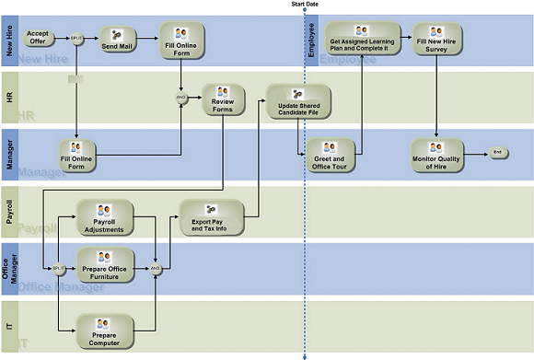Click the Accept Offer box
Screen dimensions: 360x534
[37, 39]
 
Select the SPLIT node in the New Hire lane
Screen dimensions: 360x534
[76, 39]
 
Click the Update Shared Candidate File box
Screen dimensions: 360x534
[297, 100]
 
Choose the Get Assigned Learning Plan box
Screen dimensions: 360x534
[362, 38]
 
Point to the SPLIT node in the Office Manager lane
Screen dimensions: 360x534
[58, 268]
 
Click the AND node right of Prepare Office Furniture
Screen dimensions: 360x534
[157, 268]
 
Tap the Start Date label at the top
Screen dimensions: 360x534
[306, 5]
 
